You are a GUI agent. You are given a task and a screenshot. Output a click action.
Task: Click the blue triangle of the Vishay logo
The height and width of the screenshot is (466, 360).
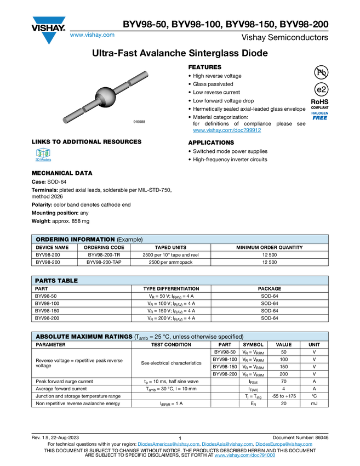click(x=49, y=38)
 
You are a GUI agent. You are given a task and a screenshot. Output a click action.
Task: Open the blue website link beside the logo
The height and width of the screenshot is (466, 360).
click(x=92, y=35)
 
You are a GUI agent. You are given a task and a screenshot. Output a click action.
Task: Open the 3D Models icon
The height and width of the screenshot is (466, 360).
click(x=43, y=156)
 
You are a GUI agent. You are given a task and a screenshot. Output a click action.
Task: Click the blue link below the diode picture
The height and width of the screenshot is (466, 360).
click(x=227, y=130)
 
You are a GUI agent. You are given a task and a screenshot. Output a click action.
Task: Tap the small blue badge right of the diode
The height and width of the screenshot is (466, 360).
click(x=319, y=115)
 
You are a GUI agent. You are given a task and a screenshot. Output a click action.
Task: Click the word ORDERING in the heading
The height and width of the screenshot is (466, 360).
click(x=53, y=240)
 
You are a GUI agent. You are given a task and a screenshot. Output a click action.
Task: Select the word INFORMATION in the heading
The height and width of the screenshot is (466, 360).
click(x=93, y=240)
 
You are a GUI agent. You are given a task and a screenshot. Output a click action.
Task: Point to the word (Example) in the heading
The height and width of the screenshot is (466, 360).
click(x=130, y=240)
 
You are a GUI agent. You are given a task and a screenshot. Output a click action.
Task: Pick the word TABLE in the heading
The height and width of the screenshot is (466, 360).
click(x=67, y=281)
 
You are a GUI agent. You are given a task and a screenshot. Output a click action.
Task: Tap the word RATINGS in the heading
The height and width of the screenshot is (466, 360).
click(x=121, y=337)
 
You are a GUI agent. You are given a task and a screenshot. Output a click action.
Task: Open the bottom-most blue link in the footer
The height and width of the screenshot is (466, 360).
click(x=244, y=456)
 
